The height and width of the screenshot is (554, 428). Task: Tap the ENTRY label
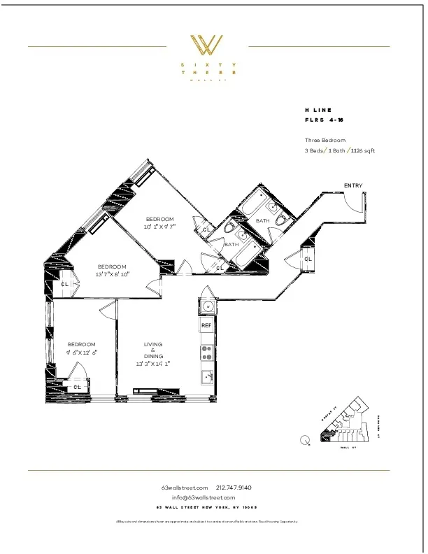click(353, 185)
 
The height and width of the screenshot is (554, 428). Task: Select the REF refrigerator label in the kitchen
click(206, 326)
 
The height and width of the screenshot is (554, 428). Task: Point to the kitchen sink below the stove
click(207, 378)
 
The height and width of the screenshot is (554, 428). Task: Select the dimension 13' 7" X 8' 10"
click(112, 274)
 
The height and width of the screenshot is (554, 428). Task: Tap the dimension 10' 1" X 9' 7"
click(159, 227)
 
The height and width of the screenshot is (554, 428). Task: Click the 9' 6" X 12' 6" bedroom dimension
click(82, 353)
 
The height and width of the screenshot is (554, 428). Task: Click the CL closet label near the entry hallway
click(308, 259)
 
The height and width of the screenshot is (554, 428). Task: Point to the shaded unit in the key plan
click(326, 436)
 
